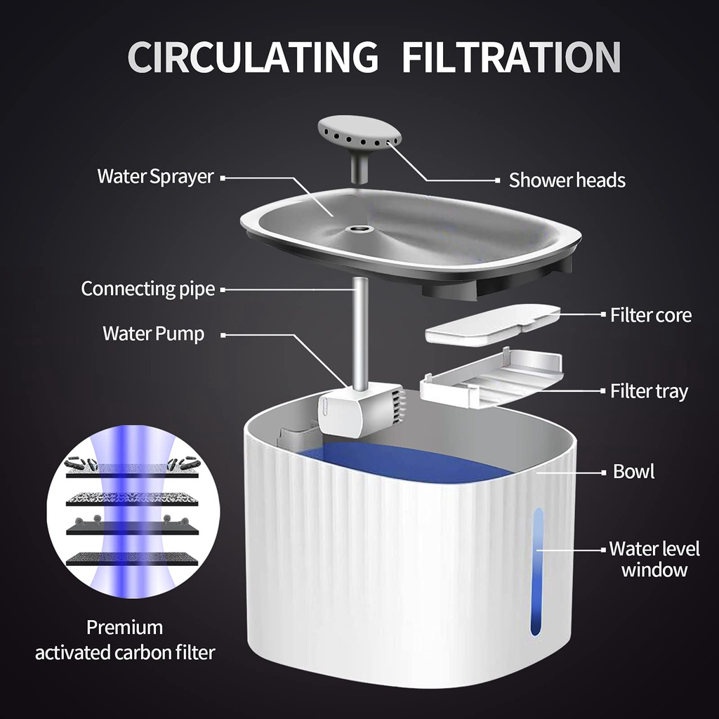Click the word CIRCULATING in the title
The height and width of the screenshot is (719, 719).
tap(252, 57)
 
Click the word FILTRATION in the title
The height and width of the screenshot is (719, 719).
tap(511, 57)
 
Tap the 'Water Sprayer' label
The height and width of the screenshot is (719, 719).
tap(155, 176)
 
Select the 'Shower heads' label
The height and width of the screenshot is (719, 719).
tap(567, 180)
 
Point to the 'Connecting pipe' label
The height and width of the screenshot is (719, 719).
tap(147, 289)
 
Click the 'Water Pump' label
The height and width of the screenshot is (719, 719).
tap(153, 333)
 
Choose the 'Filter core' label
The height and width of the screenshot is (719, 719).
tap(650, 315)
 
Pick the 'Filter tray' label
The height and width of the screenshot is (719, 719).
tap(649, 390)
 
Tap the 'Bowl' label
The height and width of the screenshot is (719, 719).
tap(633, 471)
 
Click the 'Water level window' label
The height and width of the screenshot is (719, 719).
tap(645, 559)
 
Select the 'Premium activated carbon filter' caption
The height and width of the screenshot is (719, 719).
tap(125, 640)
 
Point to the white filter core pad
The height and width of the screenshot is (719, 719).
tap(492, 324)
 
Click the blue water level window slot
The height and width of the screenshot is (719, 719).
tap(537, 572)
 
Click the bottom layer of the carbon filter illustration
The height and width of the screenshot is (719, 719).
tap(132, 560)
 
